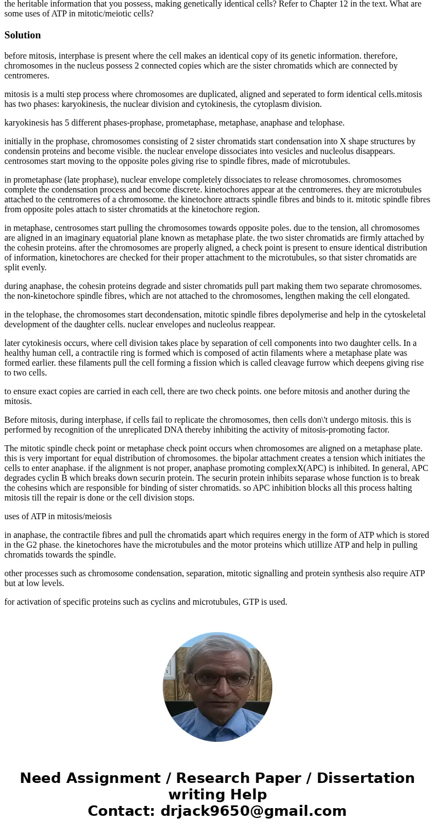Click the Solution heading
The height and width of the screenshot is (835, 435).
(22, 35)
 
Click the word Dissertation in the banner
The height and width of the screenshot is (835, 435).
(365, 779)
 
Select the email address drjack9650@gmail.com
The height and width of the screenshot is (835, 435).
(253, 811)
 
